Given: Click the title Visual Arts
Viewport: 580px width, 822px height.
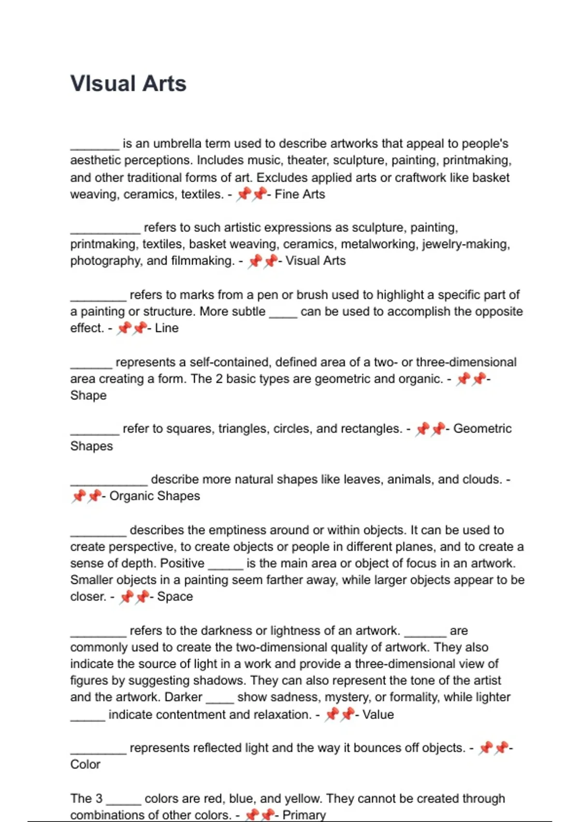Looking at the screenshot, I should coord(128,83).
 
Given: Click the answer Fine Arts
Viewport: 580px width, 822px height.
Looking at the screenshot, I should coord(300,194).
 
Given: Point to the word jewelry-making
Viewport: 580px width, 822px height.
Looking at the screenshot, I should coord(465,244).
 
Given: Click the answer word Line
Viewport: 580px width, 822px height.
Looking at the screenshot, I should coord(167,328).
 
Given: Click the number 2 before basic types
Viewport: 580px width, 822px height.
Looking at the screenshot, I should coord(219,379).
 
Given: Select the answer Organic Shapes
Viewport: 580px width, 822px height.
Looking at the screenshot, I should coord(155,496).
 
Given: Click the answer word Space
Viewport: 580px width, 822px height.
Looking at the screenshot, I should coord(175,597).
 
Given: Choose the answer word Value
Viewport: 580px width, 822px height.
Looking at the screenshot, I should coord(378,715).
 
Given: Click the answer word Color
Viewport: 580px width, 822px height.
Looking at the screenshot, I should coord(85,764).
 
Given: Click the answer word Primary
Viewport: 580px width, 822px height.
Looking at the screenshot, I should coord(304,815).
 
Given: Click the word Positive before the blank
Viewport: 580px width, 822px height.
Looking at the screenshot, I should coord(182,563).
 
